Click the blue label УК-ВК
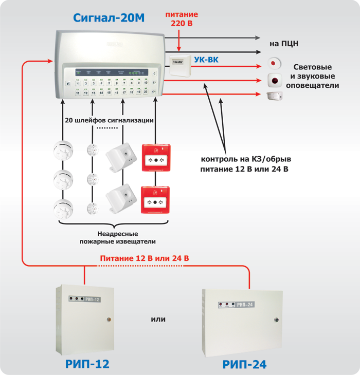click(206, 60)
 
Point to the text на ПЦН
click(283, 44)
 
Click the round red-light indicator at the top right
click(274, 64)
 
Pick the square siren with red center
click(276, 81)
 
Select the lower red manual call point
click(155, 200)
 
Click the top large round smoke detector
click(62, 150)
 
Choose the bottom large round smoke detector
click(62, 209)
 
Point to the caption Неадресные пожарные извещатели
click(111, 237)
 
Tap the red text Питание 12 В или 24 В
click(145, 258)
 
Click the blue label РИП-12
click(87, 364)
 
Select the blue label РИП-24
click(244, 365)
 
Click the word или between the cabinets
click(158, 319)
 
